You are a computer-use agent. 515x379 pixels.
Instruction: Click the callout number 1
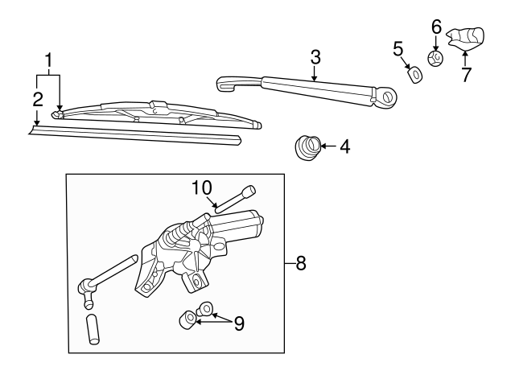[50, 60]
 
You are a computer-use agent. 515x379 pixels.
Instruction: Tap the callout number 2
[37, 99]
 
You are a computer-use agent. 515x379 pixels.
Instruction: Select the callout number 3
[315, 57]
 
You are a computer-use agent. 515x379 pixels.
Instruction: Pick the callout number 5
[398, 50]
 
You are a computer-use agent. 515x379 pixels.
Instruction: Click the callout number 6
[436, 27]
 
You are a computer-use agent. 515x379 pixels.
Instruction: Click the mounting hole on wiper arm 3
[389, 97]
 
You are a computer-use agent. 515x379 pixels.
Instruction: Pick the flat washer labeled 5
[416, 75]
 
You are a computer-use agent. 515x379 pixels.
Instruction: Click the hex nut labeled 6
[436, 58]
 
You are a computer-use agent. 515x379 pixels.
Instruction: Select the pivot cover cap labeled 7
[468, 37]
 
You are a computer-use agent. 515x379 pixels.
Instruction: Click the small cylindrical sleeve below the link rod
[94, 330]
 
